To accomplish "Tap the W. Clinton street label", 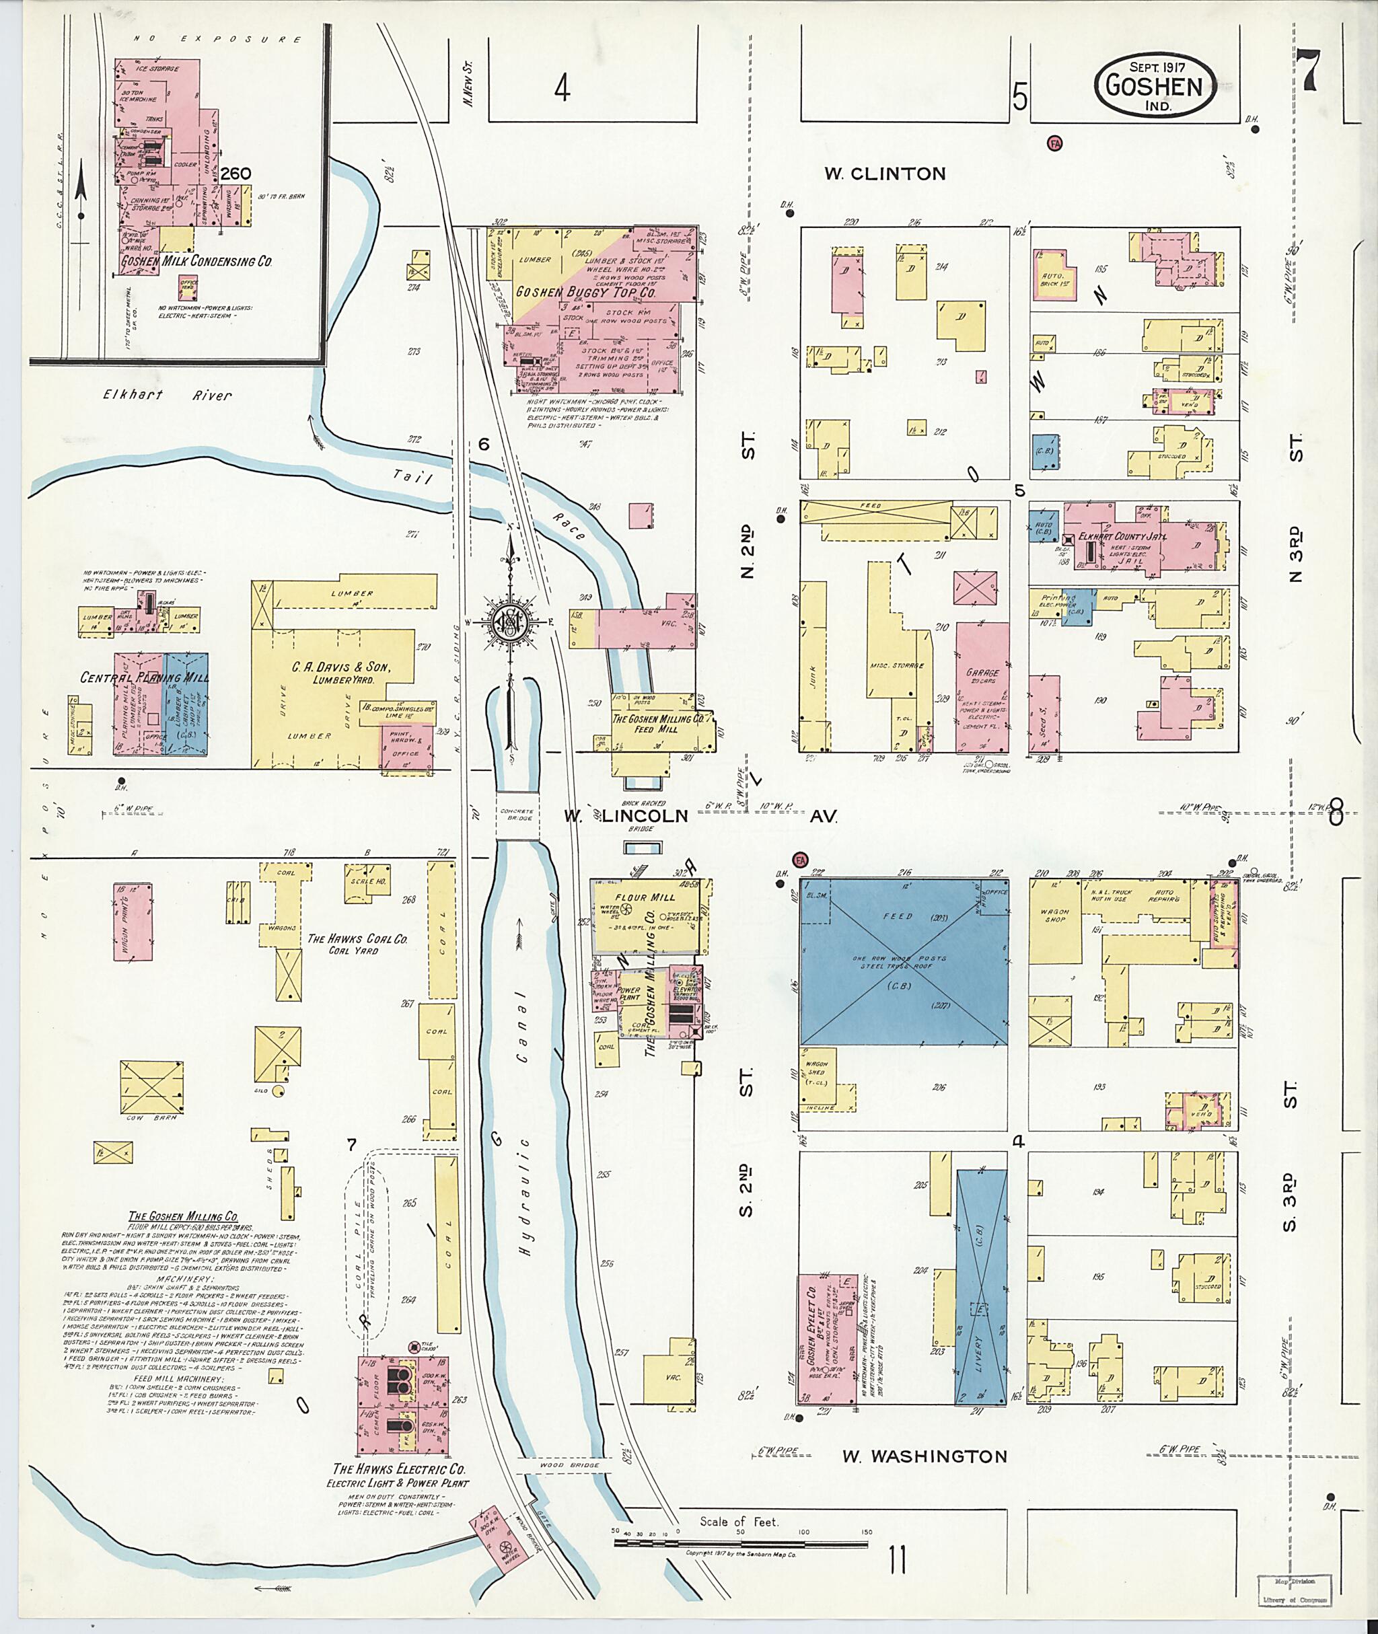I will [x=884, y=174].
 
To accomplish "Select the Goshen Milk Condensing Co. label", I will [x=195, y=262].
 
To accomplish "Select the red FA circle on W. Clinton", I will [x=1054, y=144].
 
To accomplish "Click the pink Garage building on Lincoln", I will [x=982, y=687].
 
